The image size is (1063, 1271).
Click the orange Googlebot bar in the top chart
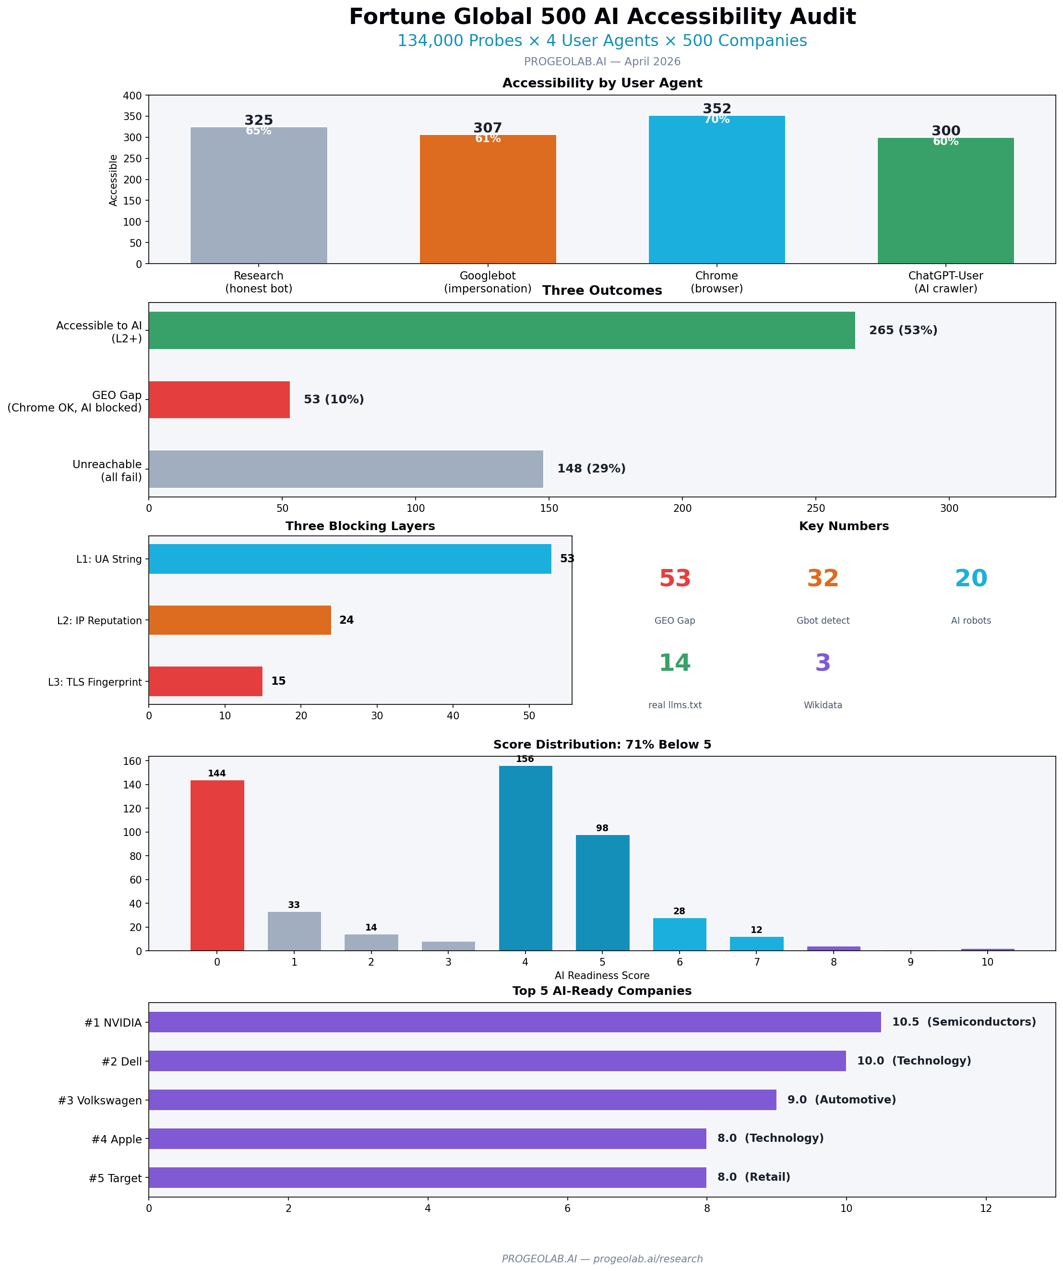488,200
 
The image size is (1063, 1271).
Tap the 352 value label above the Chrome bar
717,109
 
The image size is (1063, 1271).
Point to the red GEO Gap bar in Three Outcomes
219,399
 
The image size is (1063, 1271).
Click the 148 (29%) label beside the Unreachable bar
591,469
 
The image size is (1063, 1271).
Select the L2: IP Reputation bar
239,620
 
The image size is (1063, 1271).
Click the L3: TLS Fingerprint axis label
95,682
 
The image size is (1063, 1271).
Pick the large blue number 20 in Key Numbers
970,579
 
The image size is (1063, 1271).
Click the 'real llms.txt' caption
675,705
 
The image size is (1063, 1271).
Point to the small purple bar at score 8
833,948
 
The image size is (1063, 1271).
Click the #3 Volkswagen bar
462,1100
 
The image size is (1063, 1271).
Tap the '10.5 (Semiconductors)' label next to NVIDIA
963,1022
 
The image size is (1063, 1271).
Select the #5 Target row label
115,1178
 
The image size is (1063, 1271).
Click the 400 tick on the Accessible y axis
132,96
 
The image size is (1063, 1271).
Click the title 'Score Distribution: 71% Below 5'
601,744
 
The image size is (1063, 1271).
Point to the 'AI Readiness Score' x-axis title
601,976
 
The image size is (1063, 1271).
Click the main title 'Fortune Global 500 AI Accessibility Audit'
601,17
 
